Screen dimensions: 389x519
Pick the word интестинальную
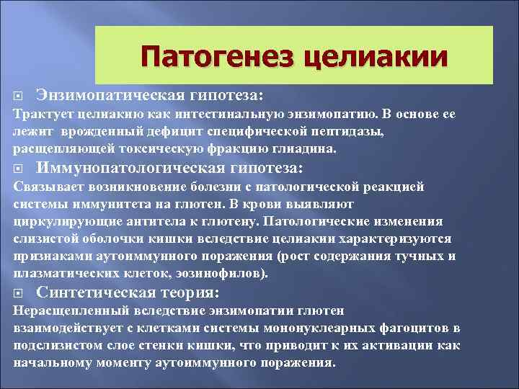coord(254,115)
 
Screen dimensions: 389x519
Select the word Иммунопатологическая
coord(136,168)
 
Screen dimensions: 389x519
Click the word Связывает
coord(45,187)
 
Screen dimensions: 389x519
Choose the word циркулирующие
coord(60,221)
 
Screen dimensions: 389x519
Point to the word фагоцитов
coord(413,328)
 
